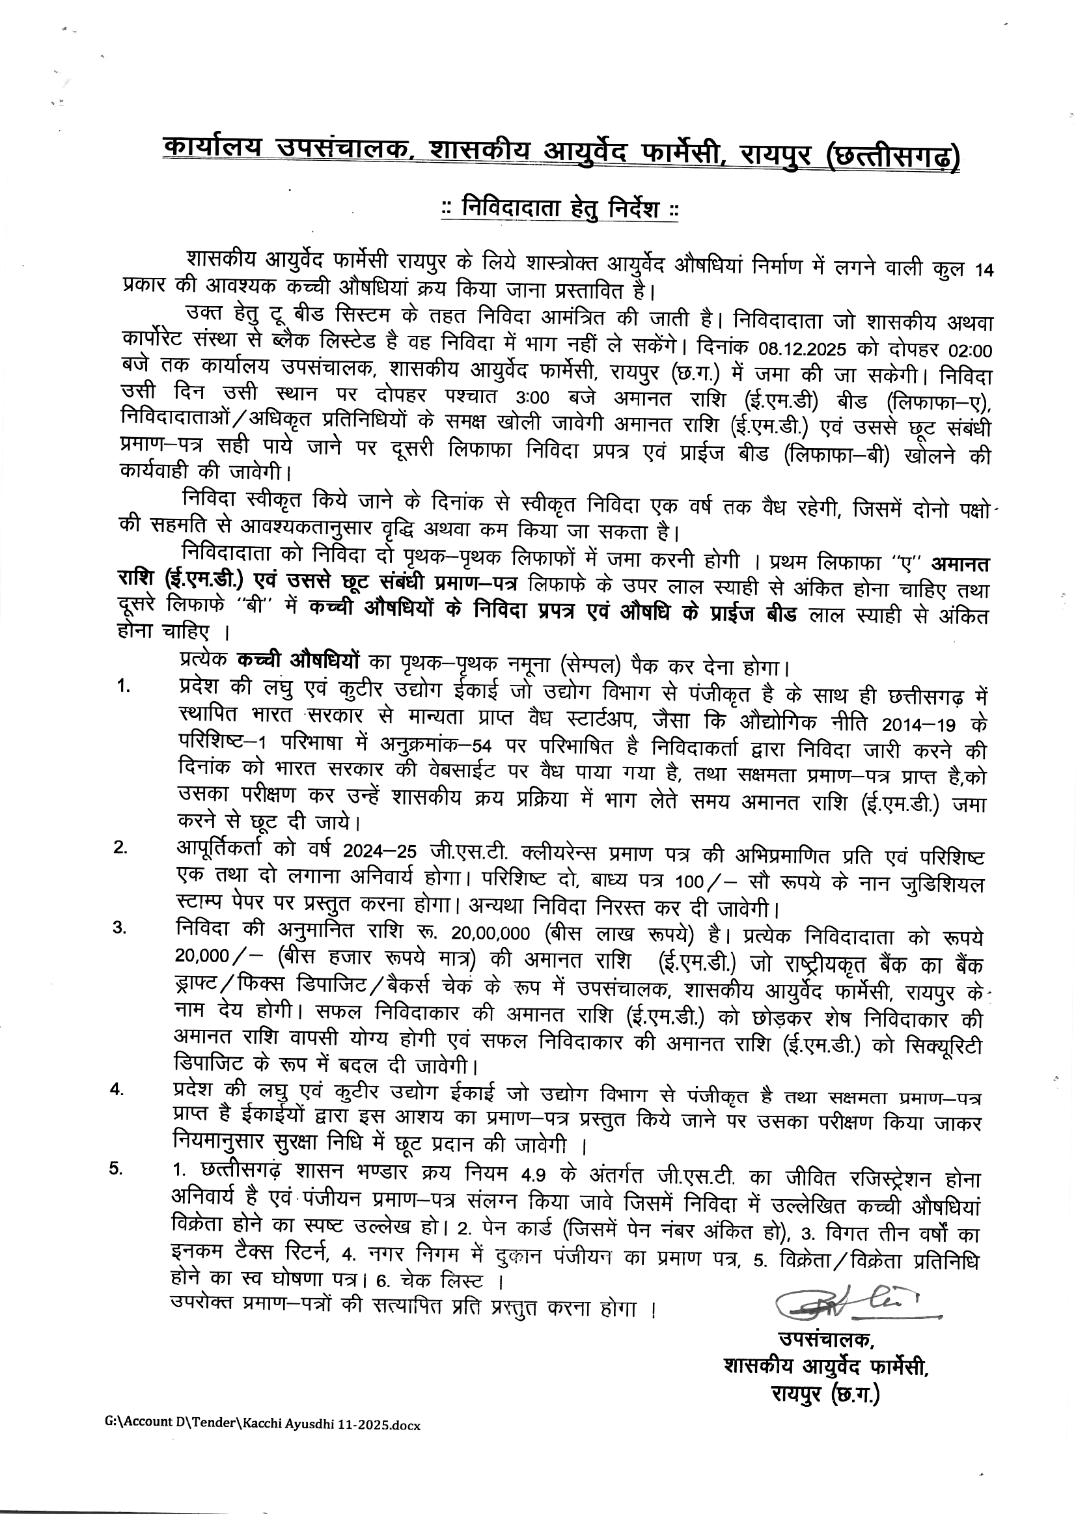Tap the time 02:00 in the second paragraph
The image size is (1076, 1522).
coord(969,350)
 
